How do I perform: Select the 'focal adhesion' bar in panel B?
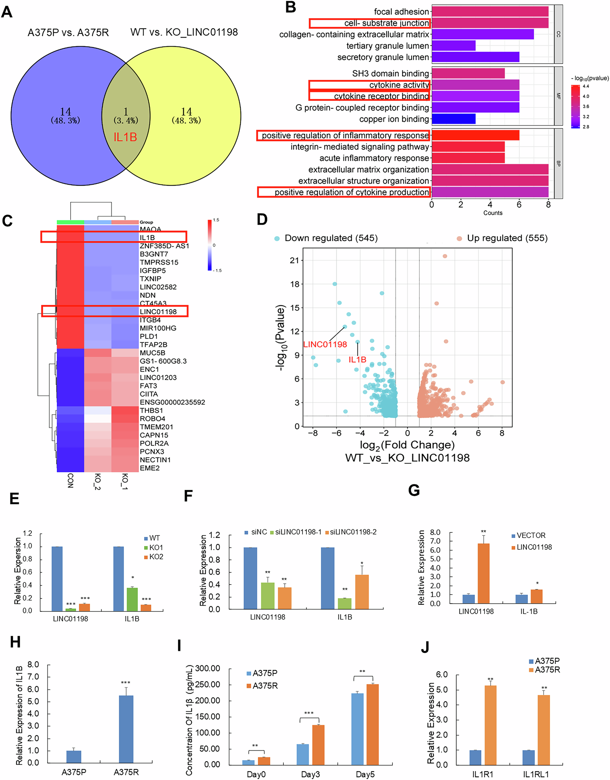(490, 12)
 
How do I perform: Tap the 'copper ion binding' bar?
(453, 119)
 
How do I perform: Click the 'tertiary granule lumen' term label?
(388, 46)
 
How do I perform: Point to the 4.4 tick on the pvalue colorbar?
(586, 86)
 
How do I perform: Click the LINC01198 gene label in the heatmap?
(158, 312)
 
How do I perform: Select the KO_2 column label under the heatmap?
(97, 481)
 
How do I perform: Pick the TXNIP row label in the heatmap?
(150, 279)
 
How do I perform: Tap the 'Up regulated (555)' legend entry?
(507, 238)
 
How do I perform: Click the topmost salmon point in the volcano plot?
(445, 256)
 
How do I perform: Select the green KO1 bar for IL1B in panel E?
(132, 599)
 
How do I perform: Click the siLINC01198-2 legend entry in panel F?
(353, 532)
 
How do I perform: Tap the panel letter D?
(262, 219)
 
